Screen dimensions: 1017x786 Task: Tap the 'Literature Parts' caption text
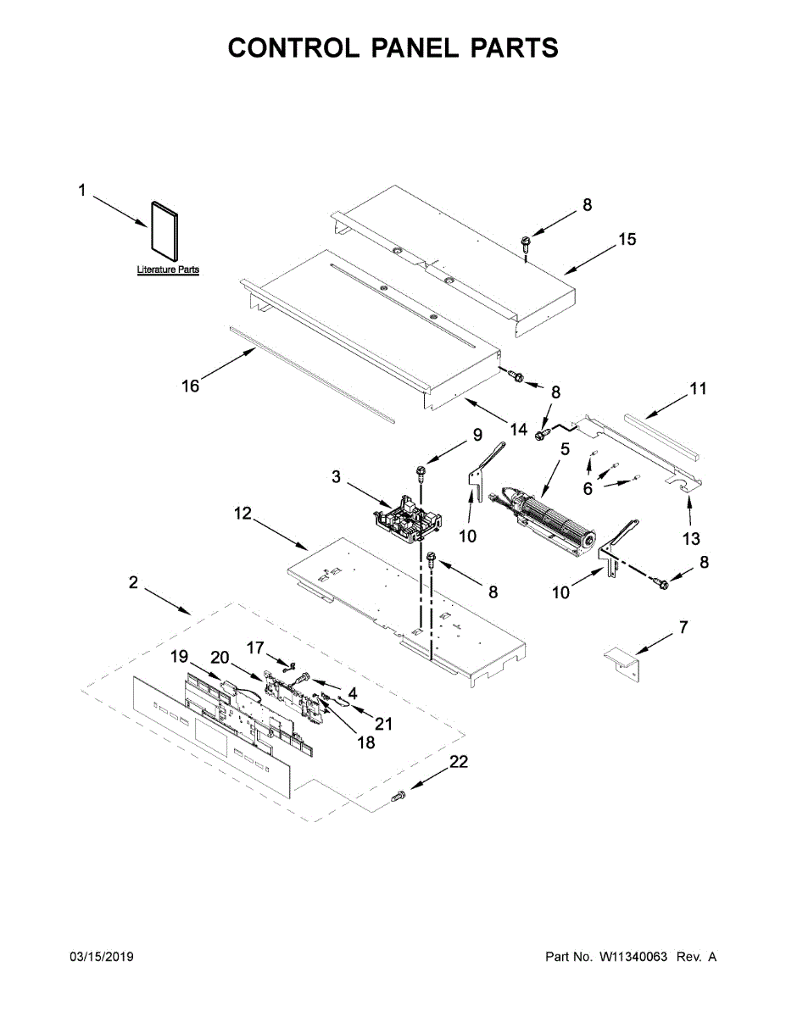(168, 270)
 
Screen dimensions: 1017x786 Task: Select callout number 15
(626, 240)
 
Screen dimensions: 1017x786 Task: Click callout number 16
(190, 386)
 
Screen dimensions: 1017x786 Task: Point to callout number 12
(243, 514)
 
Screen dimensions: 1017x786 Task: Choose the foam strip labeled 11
(661, 435)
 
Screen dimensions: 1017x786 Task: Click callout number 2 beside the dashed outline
(134, 583)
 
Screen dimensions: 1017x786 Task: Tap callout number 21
(384, 724)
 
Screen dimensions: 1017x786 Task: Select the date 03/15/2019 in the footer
(101, 957)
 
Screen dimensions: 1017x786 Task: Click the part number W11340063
(633, 957)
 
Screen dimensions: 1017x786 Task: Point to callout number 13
(691, 539)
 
